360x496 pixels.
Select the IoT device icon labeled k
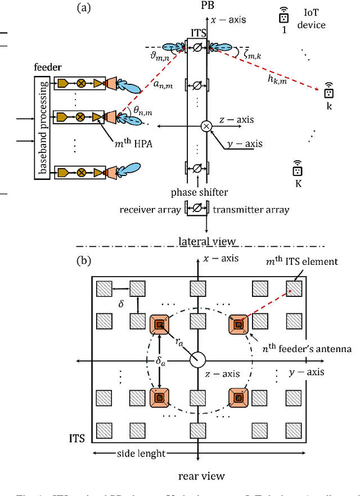[329, 91]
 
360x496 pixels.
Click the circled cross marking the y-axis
[206, 127]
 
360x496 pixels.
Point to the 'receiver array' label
[150, 210]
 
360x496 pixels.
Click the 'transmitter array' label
[251, 210]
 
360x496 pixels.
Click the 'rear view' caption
[200, 476]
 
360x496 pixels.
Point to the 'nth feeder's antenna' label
[308, 349]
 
